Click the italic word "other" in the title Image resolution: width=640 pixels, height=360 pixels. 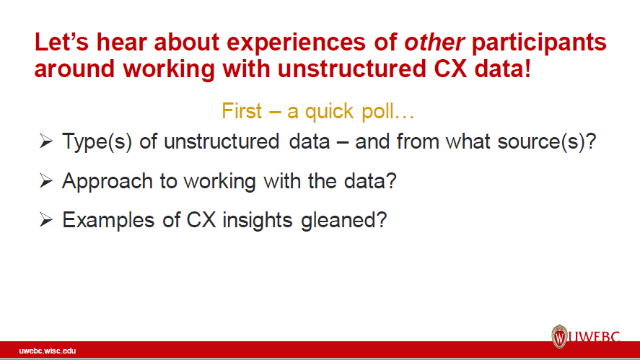pyautogui.click(x=434, y=43)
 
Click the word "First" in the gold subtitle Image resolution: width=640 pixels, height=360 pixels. pyautogui.click(x=242, y=112)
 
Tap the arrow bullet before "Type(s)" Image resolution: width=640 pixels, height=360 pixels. pyautogui.click(x=46, y=142)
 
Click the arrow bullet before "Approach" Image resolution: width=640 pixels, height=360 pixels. pyautogui.click(x=46, y=181)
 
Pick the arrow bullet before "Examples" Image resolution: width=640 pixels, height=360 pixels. pyautogui.click(x=46, y=220)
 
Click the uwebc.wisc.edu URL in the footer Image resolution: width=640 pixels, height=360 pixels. pyautogui.click(x=48, y=351)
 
